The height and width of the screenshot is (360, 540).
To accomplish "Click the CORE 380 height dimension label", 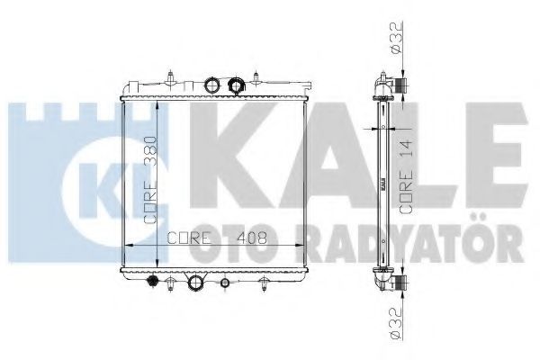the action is (x=150, y=181).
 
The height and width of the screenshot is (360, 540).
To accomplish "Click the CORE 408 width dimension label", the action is (x=217, y=238).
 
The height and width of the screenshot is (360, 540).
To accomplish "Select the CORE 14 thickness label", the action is (x=407, y=176).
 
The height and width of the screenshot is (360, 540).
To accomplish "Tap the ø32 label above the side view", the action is (x=396, y=38).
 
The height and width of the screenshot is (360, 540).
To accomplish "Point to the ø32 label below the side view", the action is (x=396, y=324).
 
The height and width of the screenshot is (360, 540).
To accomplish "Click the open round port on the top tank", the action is (x=211, y=85).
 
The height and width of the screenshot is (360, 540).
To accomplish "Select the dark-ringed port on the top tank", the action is (x=236, y=85).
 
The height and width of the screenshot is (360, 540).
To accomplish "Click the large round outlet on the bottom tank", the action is (x=194, y=283).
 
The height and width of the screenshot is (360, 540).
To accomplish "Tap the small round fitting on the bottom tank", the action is (x=224, y=283).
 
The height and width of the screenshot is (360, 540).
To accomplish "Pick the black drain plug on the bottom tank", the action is (x=151, y=281).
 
